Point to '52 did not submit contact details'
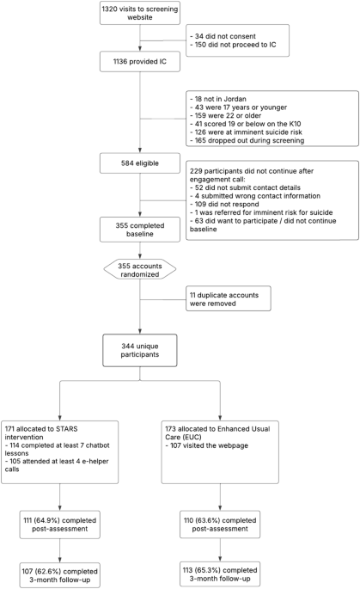click(x=248, y=179)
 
